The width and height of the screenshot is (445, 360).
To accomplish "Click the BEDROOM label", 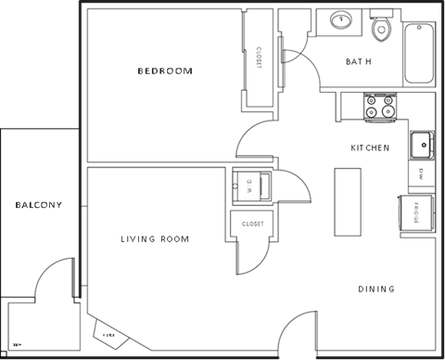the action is (x=164, y=71).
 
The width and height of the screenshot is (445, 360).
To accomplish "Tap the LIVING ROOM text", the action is (x=154, y=239).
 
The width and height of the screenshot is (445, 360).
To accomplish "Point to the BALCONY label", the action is (x=37, y=205).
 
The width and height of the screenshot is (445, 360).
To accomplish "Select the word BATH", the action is (x=359, y=62).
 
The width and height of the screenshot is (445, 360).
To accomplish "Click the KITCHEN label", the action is (x=370, y=148).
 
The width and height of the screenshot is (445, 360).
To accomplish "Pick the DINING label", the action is (x=376, y=289).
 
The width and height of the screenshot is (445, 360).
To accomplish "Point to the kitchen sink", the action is (x=422, y=145).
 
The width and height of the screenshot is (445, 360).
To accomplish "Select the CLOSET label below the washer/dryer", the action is (x=252, y=224).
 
